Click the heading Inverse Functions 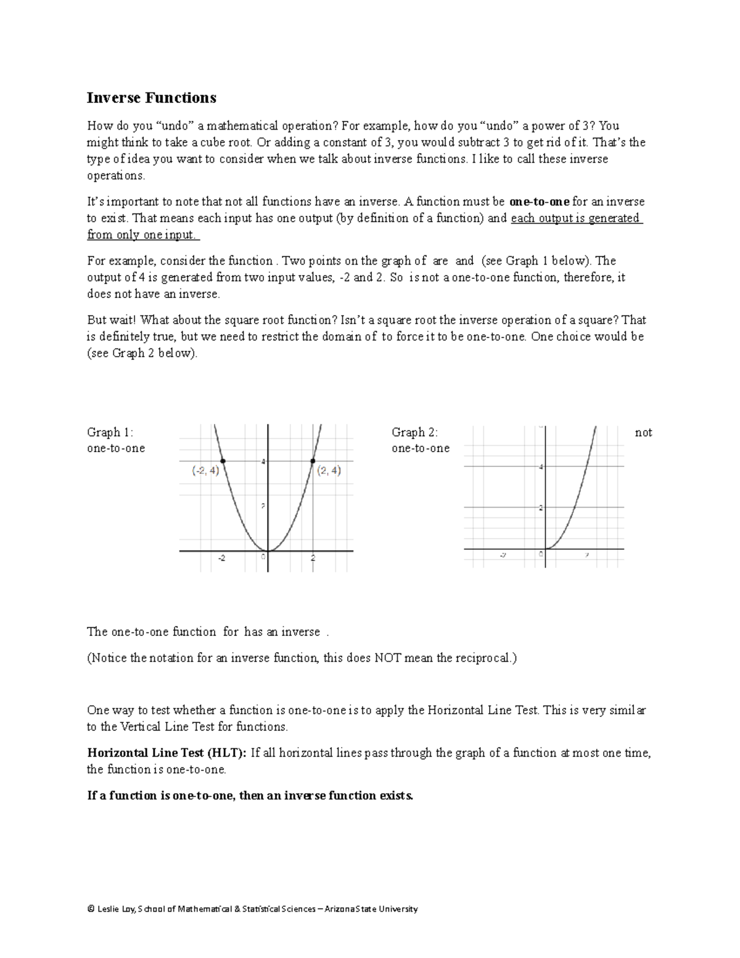point(151,98)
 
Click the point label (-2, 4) point(205,471)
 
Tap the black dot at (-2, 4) point(223,461)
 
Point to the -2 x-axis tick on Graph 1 point(221,558)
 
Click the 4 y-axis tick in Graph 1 point(263,461)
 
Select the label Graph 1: point(110,432)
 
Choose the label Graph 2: point(414,432)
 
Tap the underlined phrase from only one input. point(142,235)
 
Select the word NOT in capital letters point(388,658)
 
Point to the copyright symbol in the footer point(91,909)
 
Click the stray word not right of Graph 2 point(643,433)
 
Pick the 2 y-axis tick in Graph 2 point(540,508)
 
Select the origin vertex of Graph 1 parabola point(268,550)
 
